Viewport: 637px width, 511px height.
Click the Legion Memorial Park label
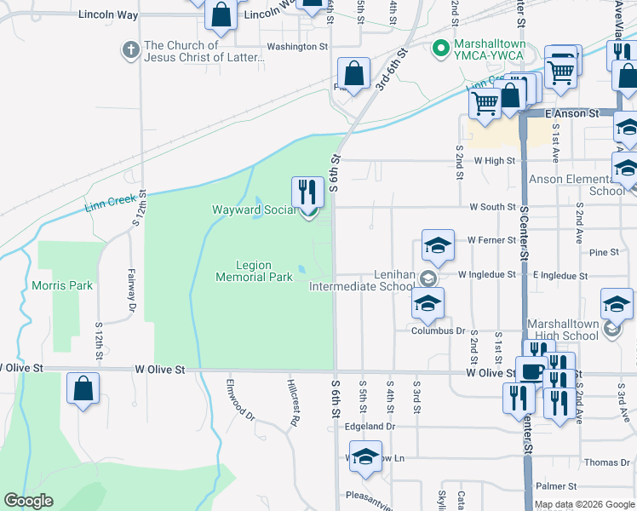(x=254, y=271)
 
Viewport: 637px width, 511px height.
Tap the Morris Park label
(x=62, y=285)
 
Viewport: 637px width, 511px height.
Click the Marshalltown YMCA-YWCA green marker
(x=440, y=47)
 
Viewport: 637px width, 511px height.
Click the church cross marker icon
(x=131, y=51)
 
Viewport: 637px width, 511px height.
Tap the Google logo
(x=28, y=501)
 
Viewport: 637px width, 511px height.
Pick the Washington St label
(x=297, y=46)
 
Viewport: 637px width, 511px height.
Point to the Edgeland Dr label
(x=372, y=426)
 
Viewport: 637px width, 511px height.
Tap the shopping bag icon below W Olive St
(x=83, y=388)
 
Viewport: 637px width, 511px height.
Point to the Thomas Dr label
(x=607, y=462)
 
